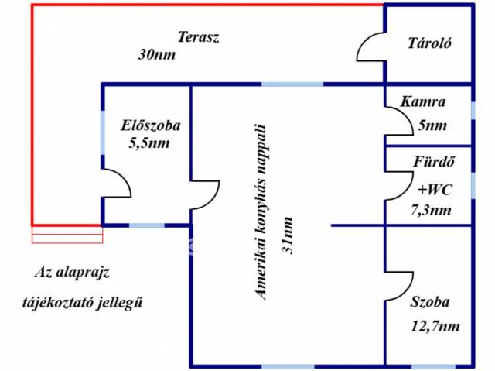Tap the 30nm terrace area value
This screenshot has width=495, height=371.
coord(156,54)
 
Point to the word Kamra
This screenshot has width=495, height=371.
coord(422,101)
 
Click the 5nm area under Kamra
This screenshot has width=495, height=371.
coord(433,125)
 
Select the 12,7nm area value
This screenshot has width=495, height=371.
coord(435,326)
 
